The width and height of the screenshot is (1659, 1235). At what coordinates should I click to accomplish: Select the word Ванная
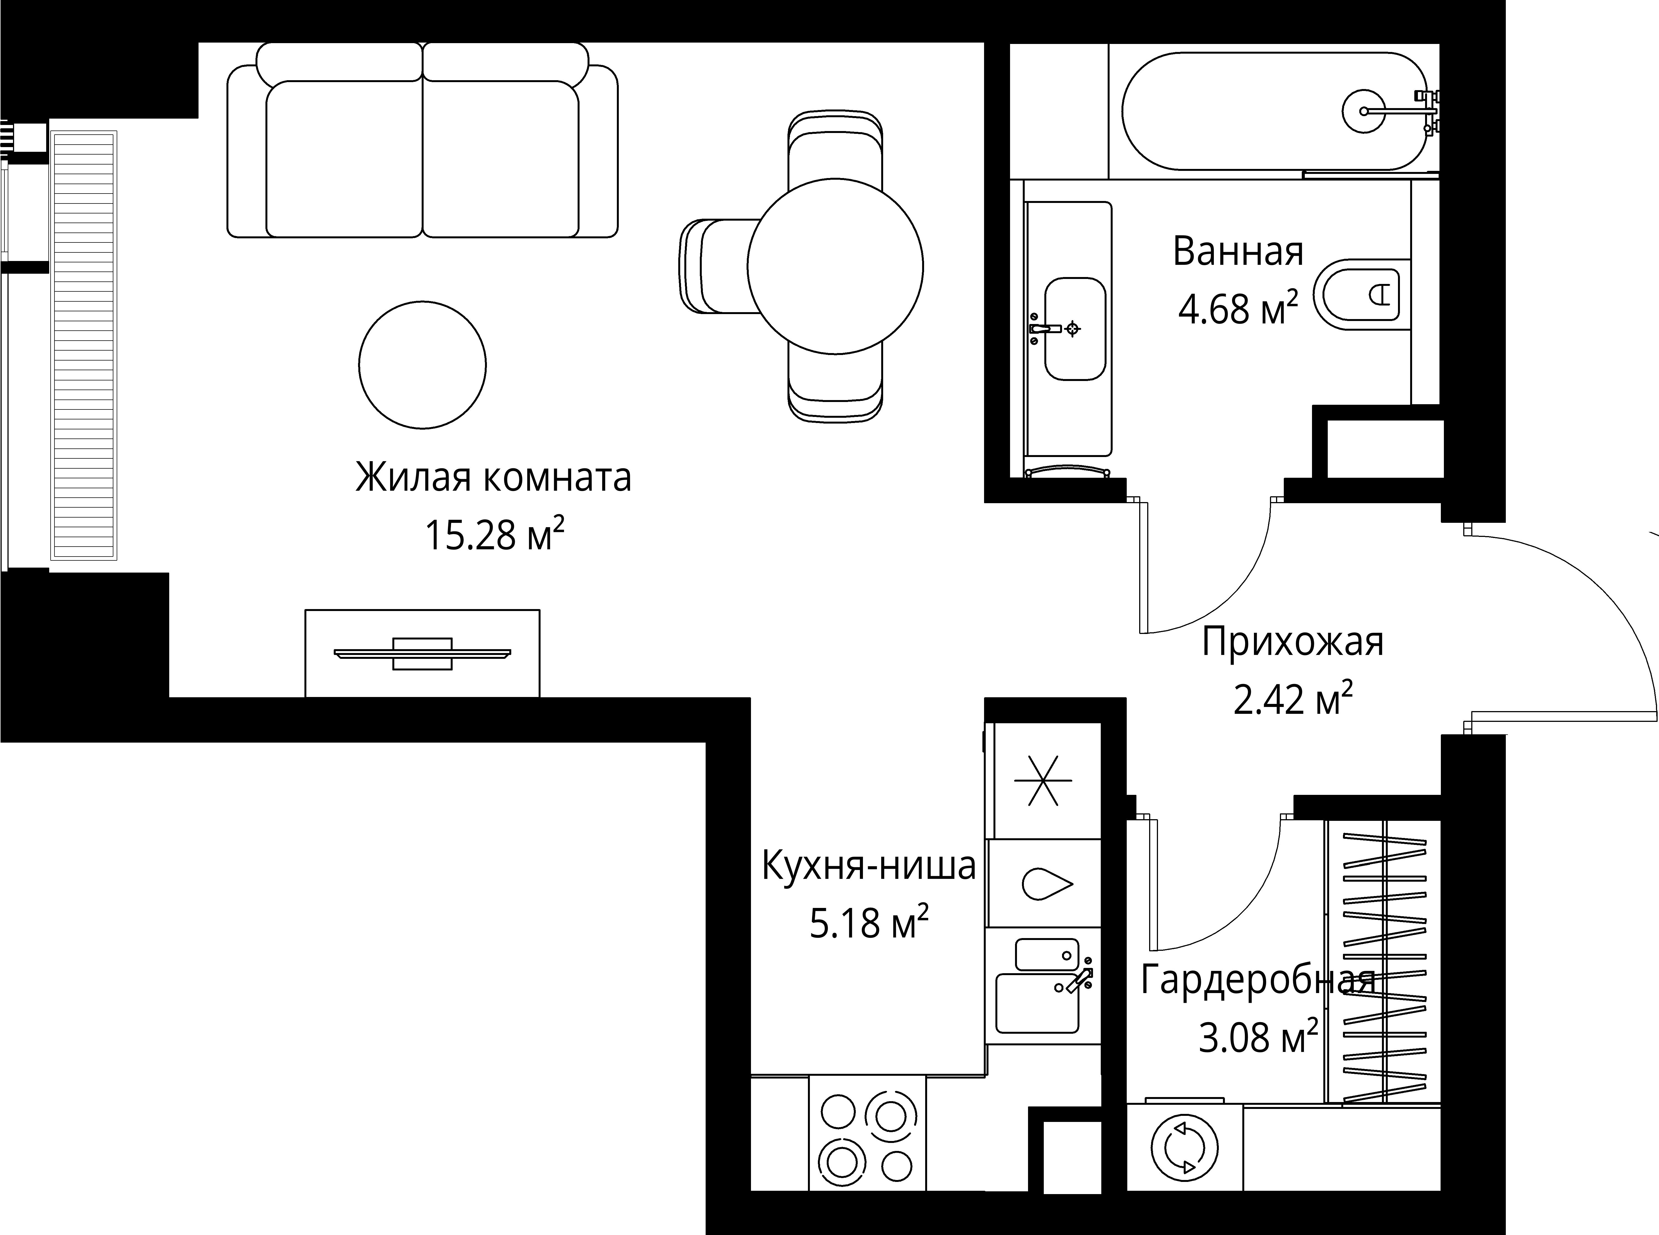[1238, 252]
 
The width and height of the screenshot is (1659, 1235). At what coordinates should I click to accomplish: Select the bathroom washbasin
[1074, 329]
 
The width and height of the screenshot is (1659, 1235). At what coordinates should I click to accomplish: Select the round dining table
[835, 266]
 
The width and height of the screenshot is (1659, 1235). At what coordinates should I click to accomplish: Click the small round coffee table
[422, 365]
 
